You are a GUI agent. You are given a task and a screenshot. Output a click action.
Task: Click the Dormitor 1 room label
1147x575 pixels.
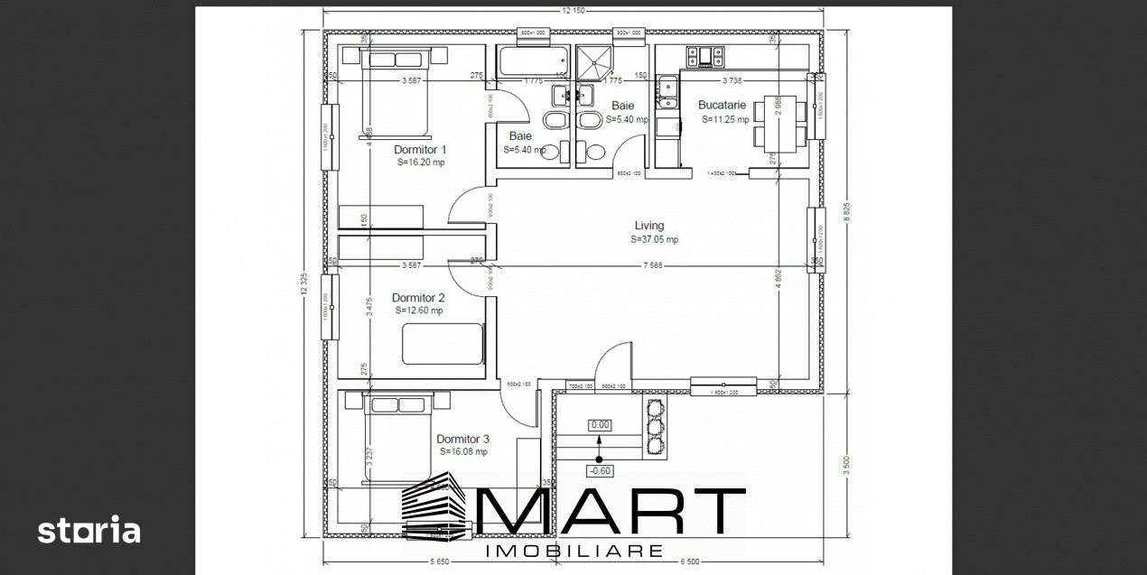coord(420,150)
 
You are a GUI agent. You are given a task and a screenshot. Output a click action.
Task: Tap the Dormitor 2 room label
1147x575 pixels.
coord(418,297)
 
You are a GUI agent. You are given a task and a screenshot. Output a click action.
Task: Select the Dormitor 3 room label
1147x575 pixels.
coord(462,440)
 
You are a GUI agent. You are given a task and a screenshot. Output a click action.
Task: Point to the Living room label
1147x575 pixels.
coord(648,226)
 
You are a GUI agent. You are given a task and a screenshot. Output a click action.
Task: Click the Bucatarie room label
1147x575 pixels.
coord(723,105)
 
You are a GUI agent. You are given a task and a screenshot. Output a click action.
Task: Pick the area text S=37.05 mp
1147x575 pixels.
coord(655,240)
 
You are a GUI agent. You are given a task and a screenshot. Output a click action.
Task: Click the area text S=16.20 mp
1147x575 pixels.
coord(421,162)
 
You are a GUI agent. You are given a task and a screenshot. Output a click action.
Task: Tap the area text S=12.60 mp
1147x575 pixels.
coord(419,311)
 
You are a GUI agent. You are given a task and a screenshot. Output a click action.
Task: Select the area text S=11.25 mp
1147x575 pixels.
coord(723,119)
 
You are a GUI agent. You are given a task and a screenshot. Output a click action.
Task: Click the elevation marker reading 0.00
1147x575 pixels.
coord(600,424)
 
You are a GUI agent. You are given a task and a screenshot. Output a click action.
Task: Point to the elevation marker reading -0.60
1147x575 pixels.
coord(599,470)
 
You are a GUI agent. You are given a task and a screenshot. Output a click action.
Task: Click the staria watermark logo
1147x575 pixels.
coord(89,530)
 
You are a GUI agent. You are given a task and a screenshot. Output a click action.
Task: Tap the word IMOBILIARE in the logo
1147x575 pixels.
coord(574,551)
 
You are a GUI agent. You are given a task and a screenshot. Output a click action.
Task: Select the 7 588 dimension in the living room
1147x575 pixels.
coord(655,265)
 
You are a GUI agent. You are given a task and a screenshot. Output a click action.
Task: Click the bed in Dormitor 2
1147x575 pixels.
coord(443,344)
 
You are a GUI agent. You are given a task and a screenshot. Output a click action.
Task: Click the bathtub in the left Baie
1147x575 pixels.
coord(531,61)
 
